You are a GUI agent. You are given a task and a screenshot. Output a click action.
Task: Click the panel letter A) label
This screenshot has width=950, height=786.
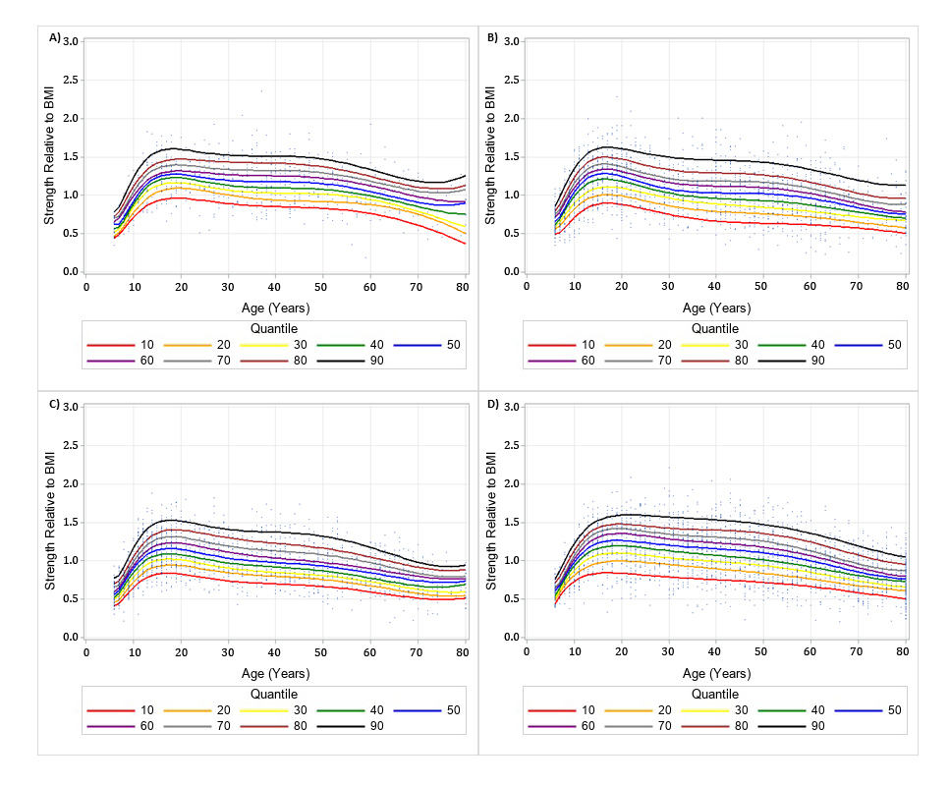[x=55, y=37]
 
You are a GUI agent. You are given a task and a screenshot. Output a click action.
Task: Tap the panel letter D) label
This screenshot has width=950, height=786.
[x=493, y=404]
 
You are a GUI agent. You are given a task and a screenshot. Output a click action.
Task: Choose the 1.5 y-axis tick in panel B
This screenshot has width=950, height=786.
[x=513, y=156]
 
